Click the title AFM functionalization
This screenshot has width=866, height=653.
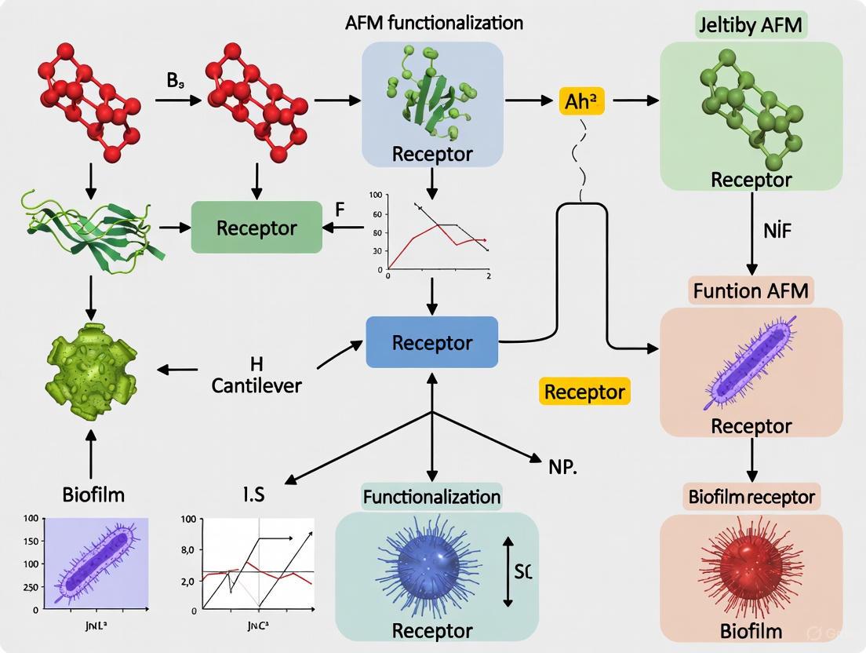[434, 22]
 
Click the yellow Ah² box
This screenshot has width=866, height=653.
[583, 101]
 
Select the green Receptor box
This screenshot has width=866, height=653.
[257, 228]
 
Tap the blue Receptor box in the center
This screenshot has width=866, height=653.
[432, 342]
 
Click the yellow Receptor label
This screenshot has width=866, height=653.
[584, 391]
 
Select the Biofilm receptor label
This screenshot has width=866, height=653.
[751, 496]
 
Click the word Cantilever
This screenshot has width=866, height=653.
[257, 385]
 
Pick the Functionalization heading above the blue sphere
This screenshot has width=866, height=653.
[431, 496]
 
